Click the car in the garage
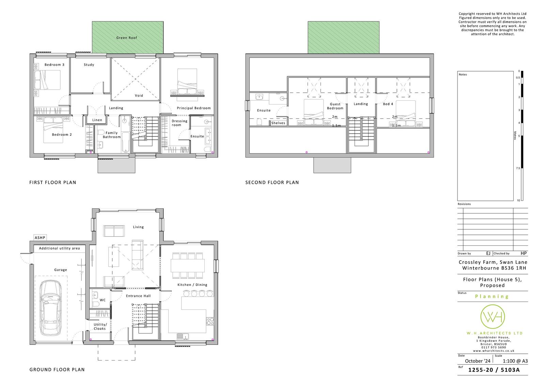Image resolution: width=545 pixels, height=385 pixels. (51, 308)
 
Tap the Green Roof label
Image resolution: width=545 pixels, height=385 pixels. (126, 38)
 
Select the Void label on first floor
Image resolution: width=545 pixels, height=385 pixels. (139, 95)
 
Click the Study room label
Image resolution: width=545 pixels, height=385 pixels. (89, 65)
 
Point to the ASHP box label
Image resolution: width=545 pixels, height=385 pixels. (40, 238)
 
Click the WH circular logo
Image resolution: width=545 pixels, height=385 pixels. (493, 317)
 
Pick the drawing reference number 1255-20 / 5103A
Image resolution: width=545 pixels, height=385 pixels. (494, 370)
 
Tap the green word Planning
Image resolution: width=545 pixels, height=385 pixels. (492, 296)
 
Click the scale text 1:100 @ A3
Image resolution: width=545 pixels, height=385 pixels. (515, 361)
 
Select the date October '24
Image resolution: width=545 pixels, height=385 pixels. (478, 361)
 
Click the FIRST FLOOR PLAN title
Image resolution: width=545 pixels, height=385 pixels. (53, 182)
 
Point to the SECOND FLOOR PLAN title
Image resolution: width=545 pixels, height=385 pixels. (272, 182)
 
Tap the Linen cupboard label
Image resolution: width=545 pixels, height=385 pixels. (97, 120)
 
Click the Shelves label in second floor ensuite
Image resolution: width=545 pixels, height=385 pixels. (278, 123)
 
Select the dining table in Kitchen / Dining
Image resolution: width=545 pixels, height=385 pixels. (188, 266)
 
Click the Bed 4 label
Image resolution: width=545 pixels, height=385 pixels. (388, 104)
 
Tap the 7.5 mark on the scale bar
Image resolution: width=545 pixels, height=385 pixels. (518, 168)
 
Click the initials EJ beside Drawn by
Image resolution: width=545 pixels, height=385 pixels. (488, 253)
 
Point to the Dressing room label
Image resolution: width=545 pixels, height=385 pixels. (179, 123)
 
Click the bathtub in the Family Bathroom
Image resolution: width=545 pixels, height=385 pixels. (125, 142)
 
